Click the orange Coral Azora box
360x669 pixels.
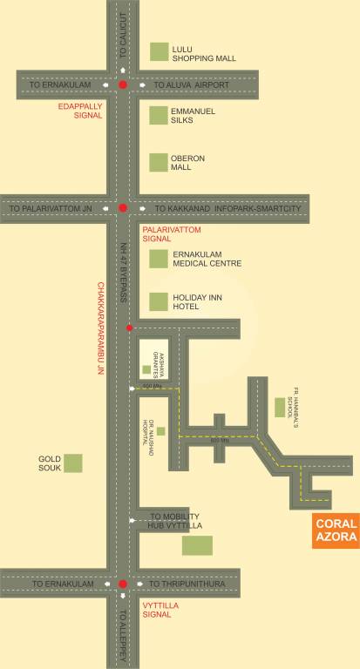336,530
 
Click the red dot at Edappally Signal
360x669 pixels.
123,84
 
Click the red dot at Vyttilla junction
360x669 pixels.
123,583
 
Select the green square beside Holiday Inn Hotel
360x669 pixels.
158,302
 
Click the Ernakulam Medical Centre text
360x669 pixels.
207,258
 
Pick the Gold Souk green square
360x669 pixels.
73,463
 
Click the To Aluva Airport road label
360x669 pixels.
191,84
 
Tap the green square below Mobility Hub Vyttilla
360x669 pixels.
197,546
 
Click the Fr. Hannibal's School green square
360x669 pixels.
280,406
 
